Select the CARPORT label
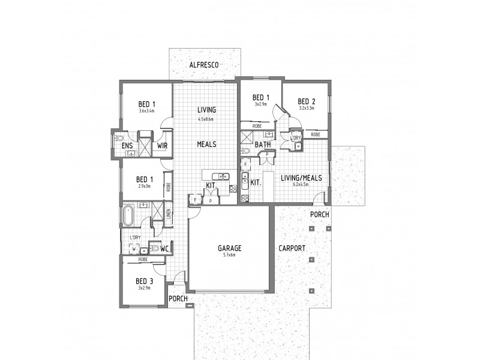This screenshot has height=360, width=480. tap(292, 248)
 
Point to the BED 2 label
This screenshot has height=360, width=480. tap(307, 101)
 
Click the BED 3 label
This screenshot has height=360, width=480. tap(145, 281)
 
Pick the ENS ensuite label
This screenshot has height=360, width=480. tap(127, 146)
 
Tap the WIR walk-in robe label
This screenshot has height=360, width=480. tap(162, 146)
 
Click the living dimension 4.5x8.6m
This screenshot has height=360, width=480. tap(206, 119)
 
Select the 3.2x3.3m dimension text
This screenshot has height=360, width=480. tap(307, 108)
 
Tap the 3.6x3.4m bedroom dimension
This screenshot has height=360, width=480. tap(146, 111)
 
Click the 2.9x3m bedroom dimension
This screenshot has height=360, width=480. tap(144, 186)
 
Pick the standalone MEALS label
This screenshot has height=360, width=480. tap(206, 145)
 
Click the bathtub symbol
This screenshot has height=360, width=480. tap(128, 215)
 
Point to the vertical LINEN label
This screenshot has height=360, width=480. tap(169, 214)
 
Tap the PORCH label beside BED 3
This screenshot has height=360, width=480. tap(178, 298)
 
